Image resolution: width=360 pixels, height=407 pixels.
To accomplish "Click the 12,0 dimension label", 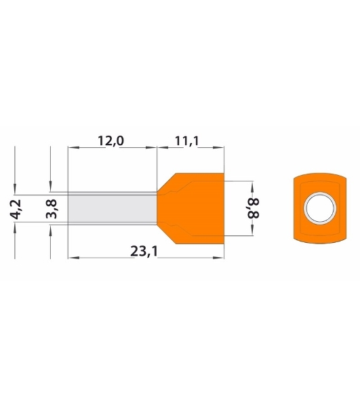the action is click(111, 140).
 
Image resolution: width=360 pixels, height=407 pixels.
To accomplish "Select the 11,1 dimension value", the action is click(186, 140).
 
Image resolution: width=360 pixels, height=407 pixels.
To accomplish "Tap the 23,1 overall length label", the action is click(144, 251).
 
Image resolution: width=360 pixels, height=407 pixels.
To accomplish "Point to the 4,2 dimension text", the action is click(17, 209).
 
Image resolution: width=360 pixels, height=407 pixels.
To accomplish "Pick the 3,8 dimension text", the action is click(52, 209).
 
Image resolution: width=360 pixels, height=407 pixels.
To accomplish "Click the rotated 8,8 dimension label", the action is click(254, 208).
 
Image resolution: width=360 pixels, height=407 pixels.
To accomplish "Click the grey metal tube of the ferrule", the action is click(112, 208).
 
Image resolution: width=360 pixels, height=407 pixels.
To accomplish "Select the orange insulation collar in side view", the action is click(191, 208).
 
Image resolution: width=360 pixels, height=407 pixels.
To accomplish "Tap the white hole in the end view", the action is click(320, 208).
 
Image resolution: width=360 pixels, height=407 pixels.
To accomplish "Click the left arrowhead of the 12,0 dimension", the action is click(73, 147).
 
